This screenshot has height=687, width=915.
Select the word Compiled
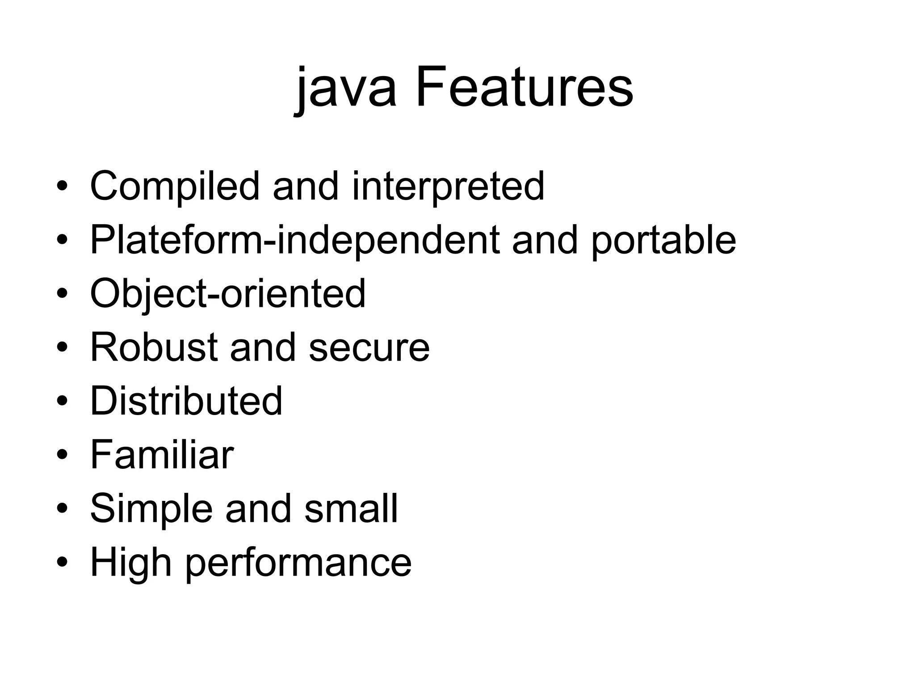[x=175, y=186]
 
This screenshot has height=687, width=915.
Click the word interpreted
[x=448, y=186]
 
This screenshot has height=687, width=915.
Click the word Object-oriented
[x=228, y=294]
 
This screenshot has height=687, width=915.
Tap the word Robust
[x=154, y=347]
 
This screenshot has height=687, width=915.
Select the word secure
[x=369, y=348]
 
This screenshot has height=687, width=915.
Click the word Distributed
[x=186, y=401]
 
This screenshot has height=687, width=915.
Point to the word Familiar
[x=162, y=455]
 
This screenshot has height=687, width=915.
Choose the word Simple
[x=151, y=509]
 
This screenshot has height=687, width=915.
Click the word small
[x=351, y=509]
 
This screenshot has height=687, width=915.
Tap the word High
[x=131, y=563]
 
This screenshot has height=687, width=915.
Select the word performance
[x=298, y=564]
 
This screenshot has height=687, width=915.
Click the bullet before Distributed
[x=62, y=401]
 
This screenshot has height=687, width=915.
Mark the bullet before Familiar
[x=62, y=455]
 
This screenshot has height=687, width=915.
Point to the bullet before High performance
[x=62, y=562]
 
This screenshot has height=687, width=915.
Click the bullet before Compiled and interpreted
[x=62, y=186]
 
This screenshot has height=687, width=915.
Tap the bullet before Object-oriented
[x=62, y=294]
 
